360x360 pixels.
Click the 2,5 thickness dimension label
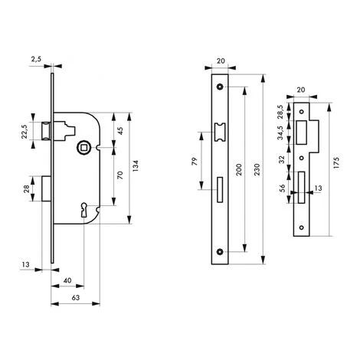click(x=36, y=59)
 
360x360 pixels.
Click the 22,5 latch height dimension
click(x=25, y=132)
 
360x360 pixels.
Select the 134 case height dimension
click(x=136, y=165)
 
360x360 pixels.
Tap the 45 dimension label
click(x=120, y=130)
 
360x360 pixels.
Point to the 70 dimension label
click(x=120, y=175)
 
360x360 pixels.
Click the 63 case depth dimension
click(x=76, y=298)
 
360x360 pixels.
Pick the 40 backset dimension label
click(x=67, y=280)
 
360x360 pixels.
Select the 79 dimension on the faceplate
click(x=195, y=162)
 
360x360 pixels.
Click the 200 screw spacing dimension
click(x=239, y=169)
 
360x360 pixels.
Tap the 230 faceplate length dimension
click(x=257, y=169)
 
